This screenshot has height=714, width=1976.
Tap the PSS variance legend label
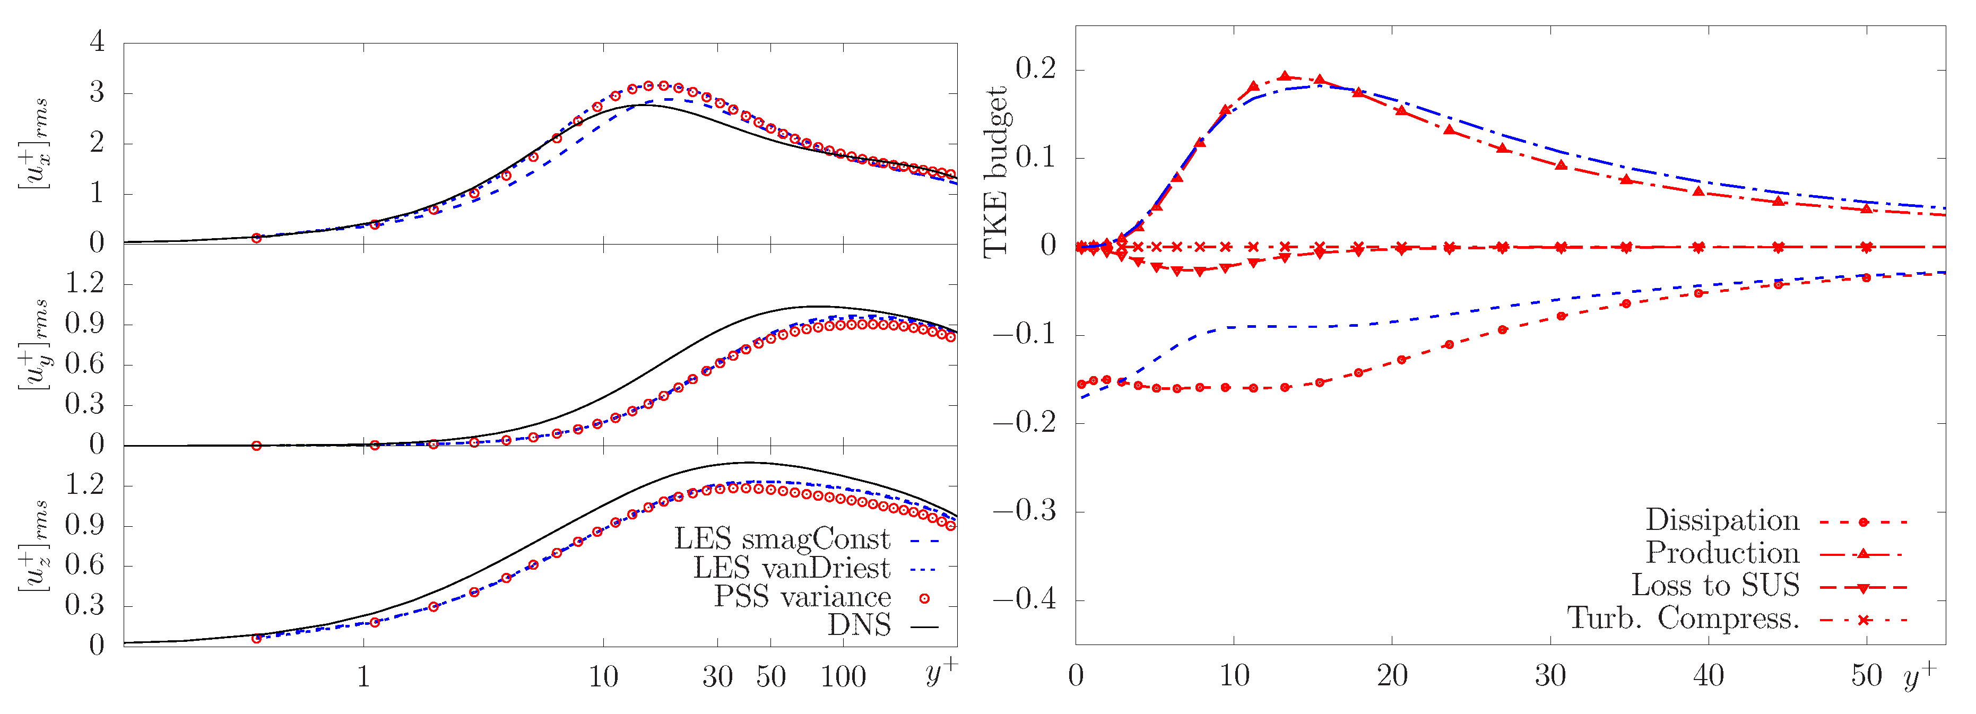[x=802, y=597]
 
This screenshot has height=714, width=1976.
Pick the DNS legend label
[x=859, y=625]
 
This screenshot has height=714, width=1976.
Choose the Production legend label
[x=1722, y=553]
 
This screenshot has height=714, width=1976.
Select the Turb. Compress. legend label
[x=1683, y=617]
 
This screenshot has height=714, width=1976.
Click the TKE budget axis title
[x=995, y=172]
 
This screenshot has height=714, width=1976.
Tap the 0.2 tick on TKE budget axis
[x=1036, y=69]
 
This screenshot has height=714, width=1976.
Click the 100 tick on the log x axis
[x=843, y=676]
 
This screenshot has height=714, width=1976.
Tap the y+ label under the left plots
[x=940, y=673]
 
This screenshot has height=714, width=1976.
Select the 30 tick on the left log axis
[x=717, y=676]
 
